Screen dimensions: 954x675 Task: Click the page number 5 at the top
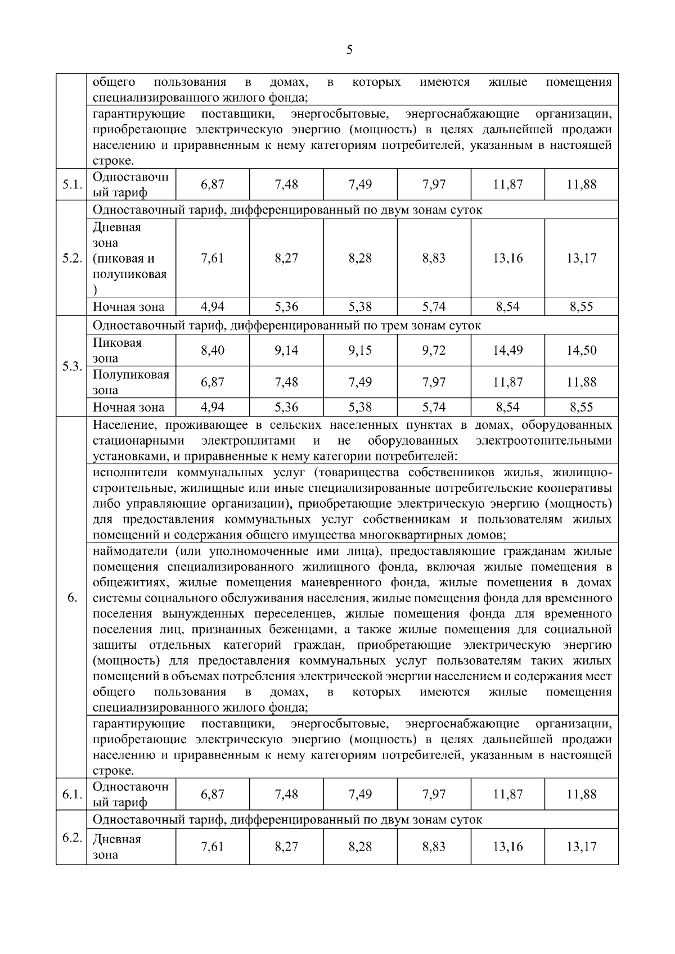point(349,50)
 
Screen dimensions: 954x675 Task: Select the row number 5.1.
point(71,184)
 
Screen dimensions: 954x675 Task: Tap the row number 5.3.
point(71,367)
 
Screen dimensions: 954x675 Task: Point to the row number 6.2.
point(71,838)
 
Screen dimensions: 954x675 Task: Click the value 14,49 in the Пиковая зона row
point(507,350)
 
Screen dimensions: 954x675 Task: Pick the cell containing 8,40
point(212,350)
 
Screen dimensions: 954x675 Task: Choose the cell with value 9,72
point(434,350)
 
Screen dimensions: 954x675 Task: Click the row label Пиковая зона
point(117,350)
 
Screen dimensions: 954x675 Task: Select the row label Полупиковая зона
point(130,382)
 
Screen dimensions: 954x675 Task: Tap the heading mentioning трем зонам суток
point(287,325)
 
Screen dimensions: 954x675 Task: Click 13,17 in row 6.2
point(581,846)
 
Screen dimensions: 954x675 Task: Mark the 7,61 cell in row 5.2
point(212,258)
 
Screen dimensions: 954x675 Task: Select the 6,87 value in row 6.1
point(212,794)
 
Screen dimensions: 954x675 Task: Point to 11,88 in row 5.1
point(581,184)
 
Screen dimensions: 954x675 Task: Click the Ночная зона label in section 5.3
point(128,407)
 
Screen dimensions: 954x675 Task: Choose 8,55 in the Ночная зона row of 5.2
point(581,306)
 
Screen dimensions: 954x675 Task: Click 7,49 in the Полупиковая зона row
point(360,382)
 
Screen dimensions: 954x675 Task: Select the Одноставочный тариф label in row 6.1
point(130,794)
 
